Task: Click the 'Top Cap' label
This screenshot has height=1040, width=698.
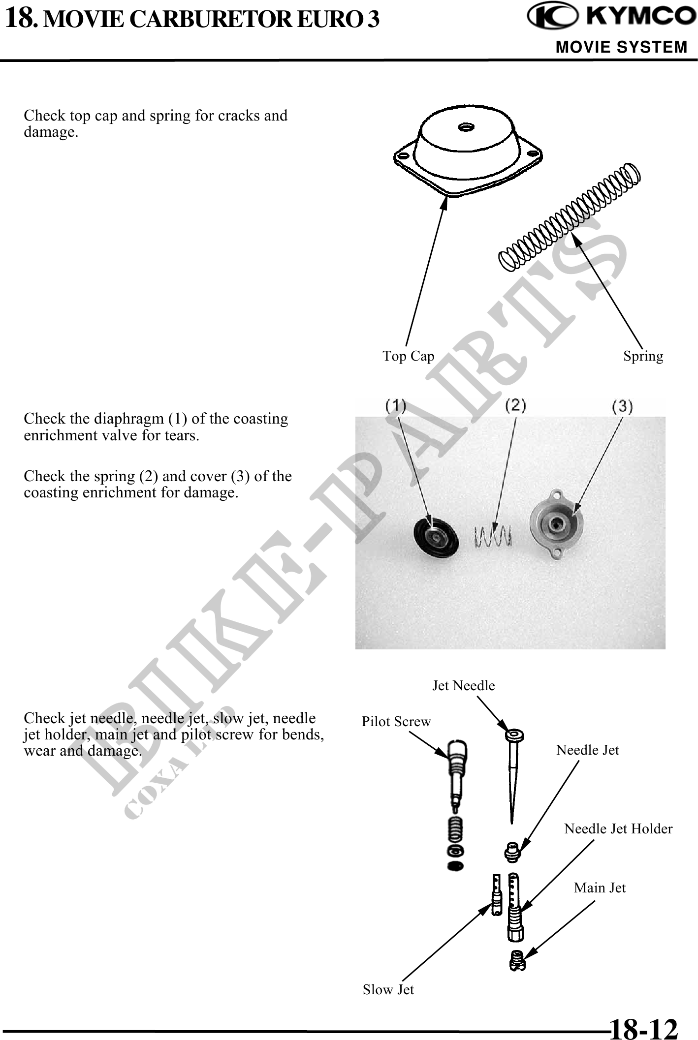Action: tap(409, 356)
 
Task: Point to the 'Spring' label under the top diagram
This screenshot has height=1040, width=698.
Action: tap(643, 356)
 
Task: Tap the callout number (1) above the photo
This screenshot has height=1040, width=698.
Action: tap(395, 406)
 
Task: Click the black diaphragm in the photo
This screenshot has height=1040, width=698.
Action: tap(436, 538)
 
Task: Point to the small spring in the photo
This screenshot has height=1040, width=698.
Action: tap(493, 536)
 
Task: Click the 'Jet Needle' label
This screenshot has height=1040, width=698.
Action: tap(463, 685)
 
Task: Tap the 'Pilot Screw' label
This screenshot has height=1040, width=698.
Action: tap(396, 721)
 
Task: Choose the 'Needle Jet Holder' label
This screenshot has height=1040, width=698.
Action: tap(618, 828)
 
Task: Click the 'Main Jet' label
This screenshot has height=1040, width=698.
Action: tap(600, 887)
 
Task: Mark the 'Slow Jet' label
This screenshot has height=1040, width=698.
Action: tap(388, 989)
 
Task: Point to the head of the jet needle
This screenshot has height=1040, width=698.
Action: tap(514, 736)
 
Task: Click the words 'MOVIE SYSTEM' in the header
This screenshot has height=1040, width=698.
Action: tap(621, 47)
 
